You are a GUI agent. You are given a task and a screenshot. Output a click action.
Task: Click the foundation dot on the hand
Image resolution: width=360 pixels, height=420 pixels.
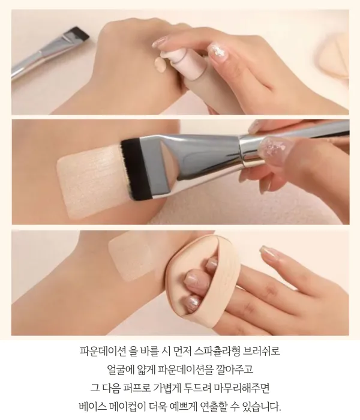[161, 64]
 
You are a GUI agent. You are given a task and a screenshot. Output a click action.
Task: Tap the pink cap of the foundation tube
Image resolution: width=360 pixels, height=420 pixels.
[178, 61]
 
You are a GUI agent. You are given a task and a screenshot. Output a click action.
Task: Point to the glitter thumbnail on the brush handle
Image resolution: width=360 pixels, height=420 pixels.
[270, 147]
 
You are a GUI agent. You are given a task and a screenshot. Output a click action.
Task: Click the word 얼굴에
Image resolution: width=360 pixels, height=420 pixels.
[120, 370]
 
